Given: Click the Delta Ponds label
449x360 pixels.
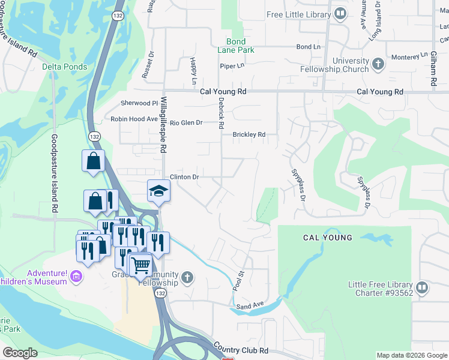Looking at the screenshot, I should coord(64,67).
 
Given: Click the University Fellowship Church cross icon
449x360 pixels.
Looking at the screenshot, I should coord(378,64).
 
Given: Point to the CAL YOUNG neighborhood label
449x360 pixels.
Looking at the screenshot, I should coord(327,238).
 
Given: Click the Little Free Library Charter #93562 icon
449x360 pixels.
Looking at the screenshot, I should coord(421,288).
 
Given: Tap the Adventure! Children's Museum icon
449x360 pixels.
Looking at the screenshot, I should coord(76,276).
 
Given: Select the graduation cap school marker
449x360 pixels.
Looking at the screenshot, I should coord(159,191).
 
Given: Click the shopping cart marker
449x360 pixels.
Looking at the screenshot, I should coord(140,264).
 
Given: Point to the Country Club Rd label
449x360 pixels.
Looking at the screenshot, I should coord(241,350).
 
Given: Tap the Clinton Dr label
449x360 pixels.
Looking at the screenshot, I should coord(184,177).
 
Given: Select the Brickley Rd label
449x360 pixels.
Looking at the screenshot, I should coord(249,135).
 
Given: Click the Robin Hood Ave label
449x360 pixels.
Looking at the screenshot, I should coord(134,119).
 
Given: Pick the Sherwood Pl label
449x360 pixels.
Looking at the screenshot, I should coord(139,103).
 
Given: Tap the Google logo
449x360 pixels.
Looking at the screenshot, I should coord(20,353).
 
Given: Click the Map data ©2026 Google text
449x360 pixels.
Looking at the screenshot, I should coord(411,355).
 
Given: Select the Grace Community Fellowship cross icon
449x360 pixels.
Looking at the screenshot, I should coord(187,277).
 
